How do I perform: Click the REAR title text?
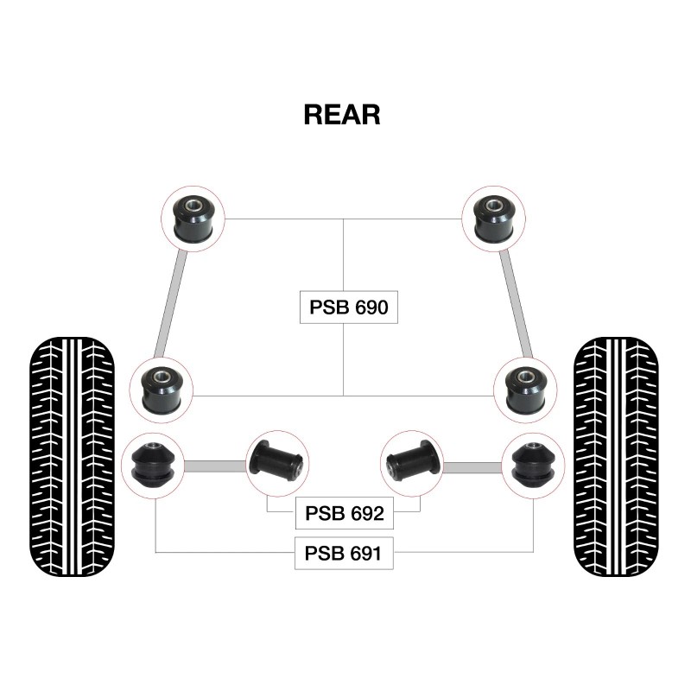click(342, 115)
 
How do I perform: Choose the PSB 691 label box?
click(344, 553)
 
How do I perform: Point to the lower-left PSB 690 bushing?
click(162, 385)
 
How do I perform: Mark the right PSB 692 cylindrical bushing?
click(413, 460)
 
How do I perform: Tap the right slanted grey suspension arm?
click(517, 302)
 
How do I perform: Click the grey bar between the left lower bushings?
click(215, 467)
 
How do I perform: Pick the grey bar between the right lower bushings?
click(472, 467)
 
